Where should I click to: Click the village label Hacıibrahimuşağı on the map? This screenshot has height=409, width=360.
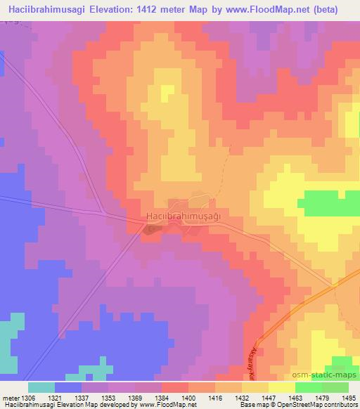click(x=183, y=217)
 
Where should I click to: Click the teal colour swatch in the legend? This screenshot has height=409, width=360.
click(x=41, y=387)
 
